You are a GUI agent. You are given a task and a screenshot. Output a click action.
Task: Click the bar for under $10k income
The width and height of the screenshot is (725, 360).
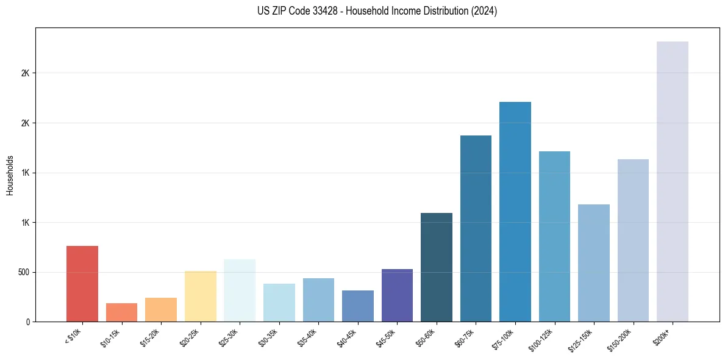(82, 284)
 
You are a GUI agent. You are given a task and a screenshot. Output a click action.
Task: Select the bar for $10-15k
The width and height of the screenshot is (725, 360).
(121, 312)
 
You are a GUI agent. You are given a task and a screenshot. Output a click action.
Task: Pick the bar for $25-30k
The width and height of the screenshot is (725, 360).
(240, 290)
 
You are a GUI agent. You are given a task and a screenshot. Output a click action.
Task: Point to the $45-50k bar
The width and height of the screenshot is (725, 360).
(397, 295)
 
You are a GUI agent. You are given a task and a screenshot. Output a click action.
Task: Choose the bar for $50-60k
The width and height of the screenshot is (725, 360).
(437, 267)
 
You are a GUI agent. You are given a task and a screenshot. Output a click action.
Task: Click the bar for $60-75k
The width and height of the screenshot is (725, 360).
(476, 229)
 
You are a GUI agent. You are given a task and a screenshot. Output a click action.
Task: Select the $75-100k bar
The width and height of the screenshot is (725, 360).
(515, 212)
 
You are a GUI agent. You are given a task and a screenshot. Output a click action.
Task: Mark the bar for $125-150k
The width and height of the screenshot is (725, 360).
(594, 263)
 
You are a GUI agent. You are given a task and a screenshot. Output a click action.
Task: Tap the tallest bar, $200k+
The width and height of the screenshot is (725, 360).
(673, 181)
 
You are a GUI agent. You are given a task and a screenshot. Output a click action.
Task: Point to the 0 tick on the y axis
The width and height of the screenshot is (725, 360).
(27, 322)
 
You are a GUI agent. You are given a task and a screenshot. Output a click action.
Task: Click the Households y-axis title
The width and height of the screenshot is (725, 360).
(10, 175)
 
